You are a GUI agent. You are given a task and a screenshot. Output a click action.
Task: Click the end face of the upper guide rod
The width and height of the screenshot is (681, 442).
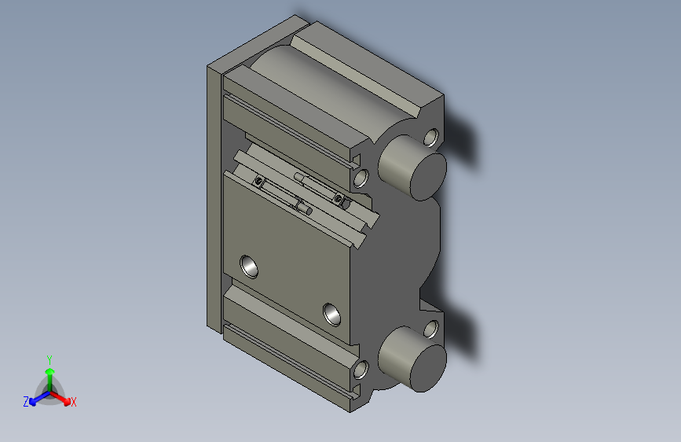pos(425,175)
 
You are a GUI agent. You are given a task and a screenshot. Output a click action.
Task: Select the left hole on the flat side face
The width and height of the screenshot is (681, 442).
pos(251,266)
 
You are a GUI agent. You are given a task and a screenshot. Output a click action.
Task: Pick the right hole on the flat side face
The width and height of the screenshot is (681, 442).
pos(333,313)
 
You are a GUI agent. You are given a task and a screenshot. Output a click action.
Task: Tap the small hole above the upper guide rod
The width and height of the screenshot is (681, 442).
pos(430,138)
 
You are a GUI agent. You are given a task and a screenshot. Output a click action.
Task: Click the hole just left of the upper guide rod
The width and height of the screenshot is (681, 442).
pos(361,179)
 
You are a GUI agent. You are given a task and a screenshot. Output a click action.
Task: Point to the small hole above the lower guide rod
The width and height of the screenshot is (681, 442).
pos(430,329)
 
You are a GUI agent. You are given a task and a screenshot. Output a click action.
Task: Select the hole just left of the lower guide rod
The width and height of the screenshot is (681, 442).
pos(361,369)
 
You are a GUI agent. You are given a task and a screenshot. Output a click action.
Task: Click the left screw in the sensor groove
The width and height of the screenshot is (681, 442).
pos(258,182)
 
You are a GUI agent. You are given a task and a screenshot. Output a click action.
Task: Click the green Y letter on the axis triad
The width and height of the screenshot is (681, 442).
pos(49,358)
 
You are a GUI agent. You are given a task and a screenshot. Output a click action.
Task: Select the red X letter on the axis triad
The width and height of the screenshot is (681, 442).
pos(74,403)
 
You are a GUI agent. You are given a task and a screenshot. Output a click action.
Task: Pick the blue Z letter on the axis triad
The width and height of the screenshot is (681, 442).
pos(26,402)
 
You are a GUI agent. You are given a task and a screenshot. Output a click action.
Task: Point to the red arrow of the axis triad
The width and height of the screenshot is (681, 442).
pos(64,398)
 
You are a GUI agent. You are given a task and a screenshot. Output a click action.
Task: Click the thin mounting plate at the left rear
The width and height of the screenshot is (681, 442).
pos(213,197)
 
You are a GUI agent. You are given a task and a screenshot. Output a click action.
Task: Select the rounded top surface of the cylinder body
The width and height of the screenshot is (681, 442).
pos(314,87)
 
